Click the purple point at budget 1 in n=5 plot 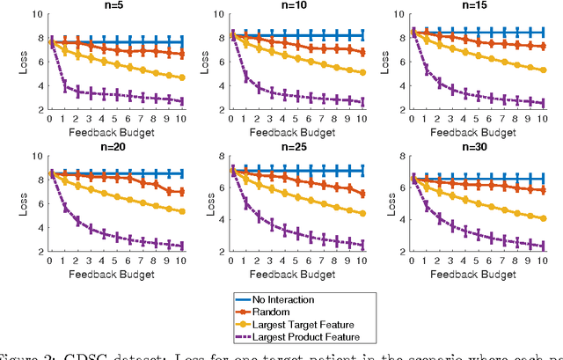63,85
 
